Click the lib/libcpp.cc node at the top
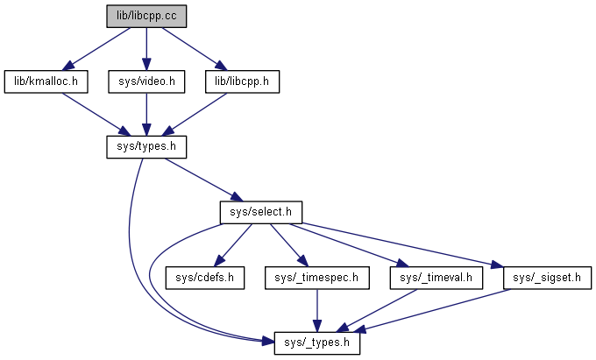[x=146, y=16]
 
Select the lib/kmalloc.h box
[x=47, y=81]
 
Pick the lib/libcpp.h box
[x=241, y=81]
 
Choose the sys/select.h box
[x=260, y=212]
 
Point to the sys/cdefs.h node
[x=201, y=278]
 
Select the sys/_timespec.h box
[x=316, y=278]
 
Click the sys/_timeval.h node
[x=436, y=278]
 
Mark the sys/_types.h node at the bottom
[x=316, y=342]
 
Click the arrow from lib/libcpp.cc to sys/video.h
[x=146, y=48]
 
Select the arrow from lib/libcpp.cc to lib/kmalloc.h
[x=101, y=46]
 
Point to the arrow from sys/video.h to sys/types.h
[x=146, y=114]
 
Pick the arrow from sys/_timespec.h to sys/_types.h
[x=316, y=310]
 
